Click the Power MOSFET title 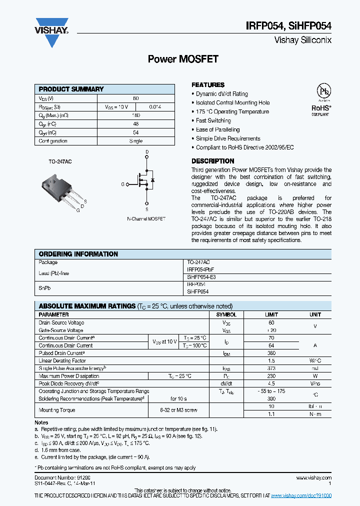[x=183, y=59]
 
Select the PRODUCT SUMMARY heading [x=71, y=89]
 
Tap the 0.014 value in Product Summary [x=155, y=107]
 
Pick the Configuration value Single [x=136, y=141]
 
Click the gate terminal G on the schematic [x=122, y=184]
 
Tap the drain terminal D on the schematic [x=147, y=151]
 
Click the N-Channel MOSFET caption [x=146, y=219]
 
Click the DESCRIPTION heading [x=213, y=161]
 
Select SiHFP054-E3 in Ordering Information [x=201, y=276]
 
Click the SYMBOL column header [x=226, y=315]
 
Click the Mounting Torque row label [x=57, y=410]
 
